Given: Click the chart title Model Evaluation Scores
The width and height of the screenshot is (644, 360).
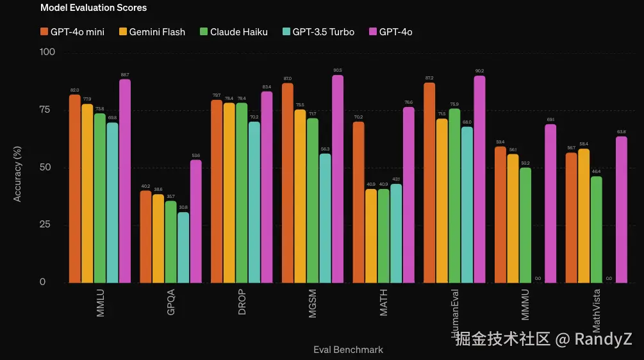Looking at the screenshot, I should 94,8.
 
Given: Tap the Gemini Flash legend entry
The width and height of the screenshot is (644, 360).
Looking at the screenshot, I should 151,31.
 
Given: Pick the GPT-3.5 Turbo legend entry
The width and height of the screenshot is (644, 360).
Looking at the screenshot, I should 318,31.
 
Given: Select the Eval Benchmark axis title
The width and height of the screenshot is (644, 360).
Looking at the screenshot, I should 348,350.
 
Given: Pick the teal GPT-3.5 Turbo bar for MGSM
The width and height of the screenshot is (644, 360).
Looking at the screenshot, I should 326,218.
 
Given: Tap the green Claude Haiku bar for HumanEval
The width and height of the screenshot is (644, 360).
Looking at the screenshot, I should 454,195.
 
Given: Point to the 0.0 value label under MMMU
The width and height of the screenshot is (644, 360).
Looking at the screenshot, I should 538,279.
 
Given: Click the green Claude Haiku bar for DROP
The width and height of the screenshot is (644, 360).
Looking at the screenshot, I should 242,192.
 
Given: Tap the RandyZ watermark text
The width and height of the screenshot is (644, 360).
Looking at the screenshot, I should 603,338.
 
